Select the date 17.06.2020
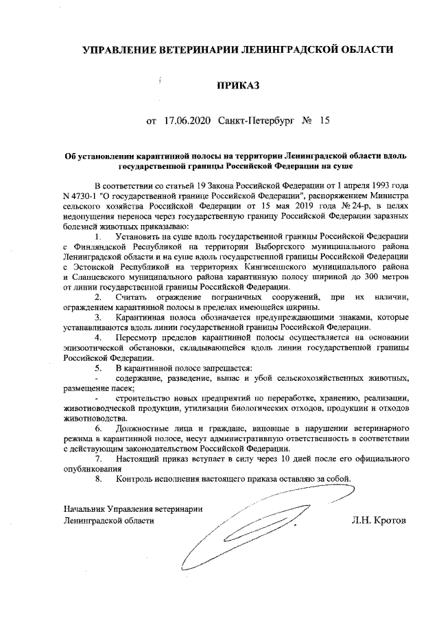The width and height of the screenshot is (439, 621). coord(187,121)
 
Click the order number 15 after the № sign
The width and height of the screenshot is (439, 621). coord(324,121)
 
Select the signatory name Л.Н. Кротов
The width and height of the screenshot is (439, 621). coord(377,520)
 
